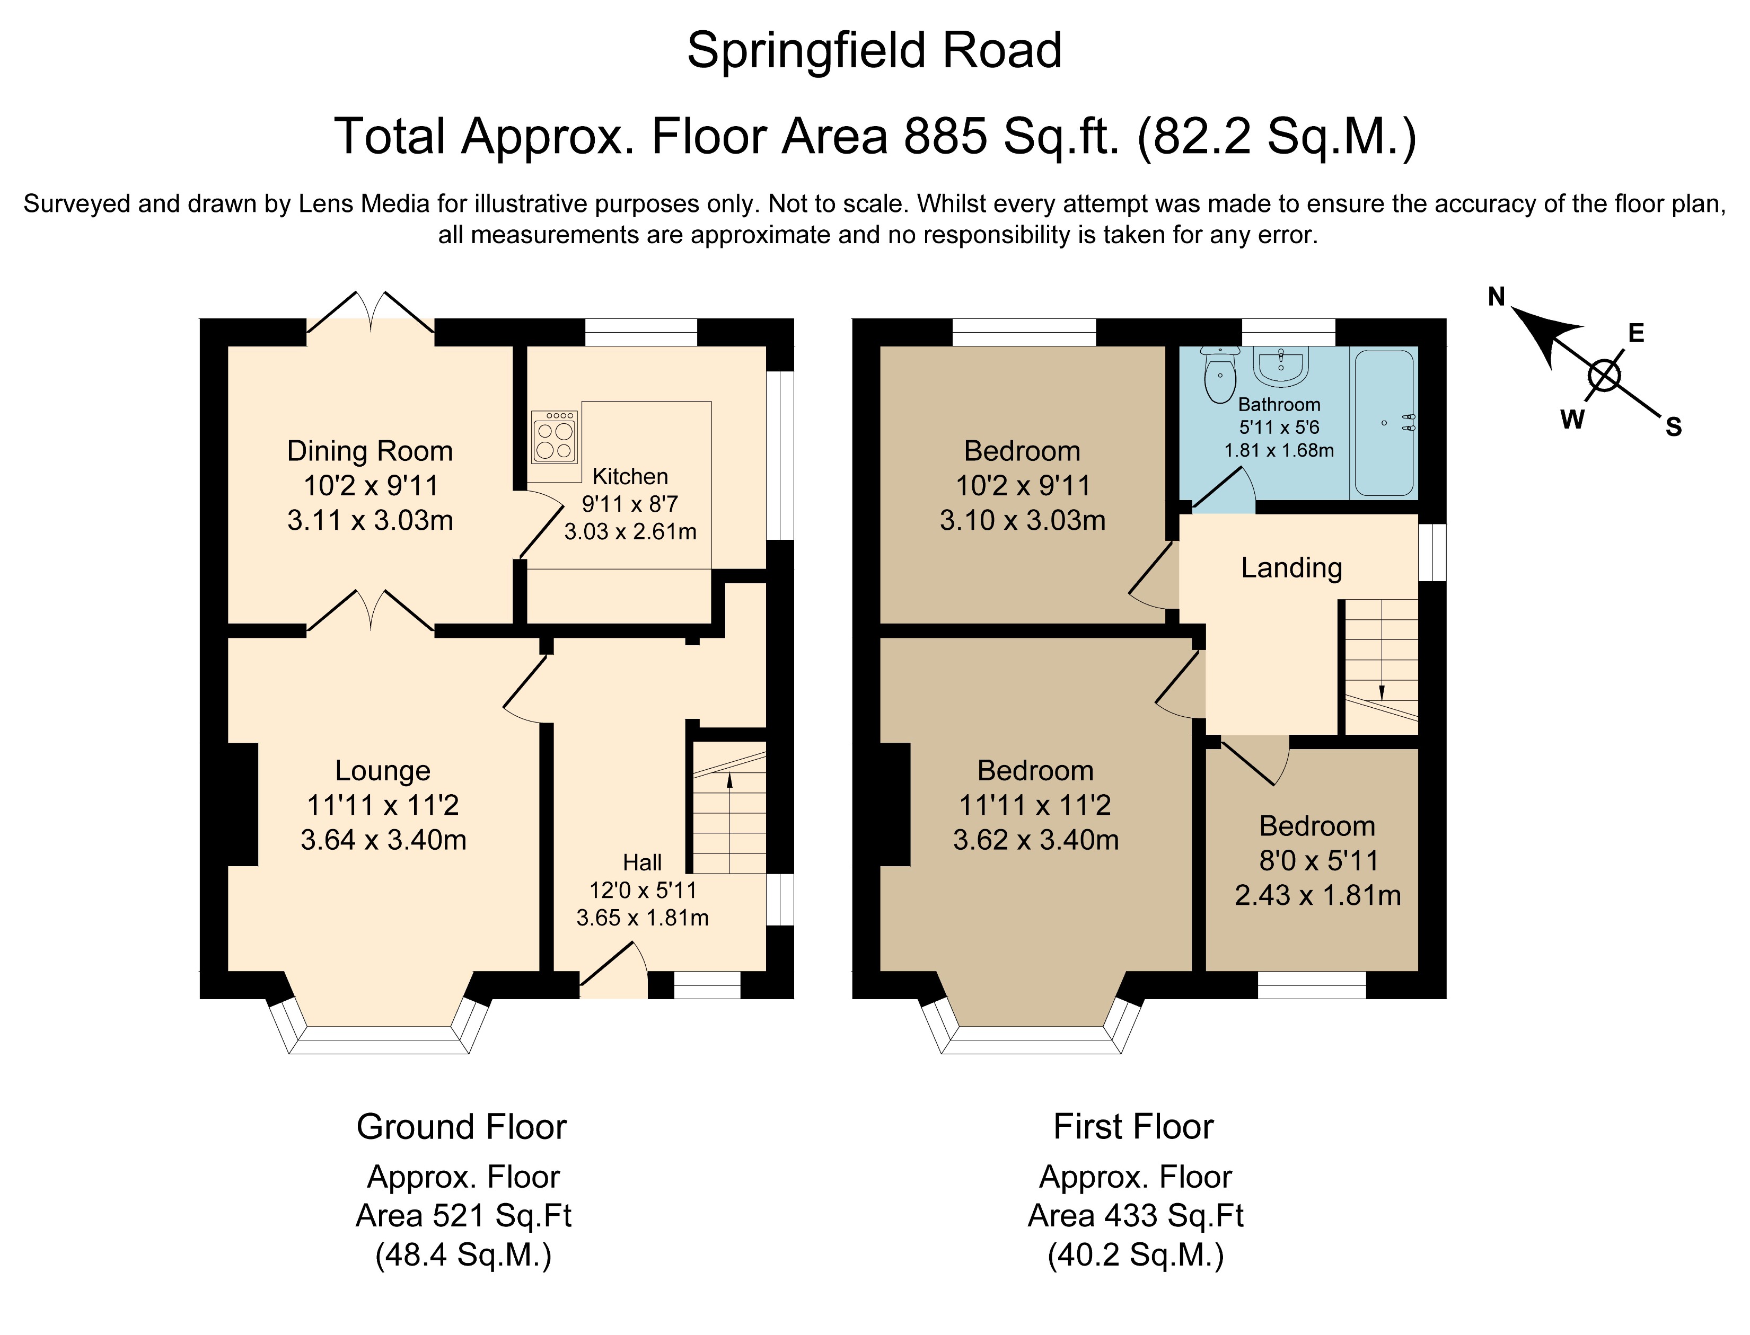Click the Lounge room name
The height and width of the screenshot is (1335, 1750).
point(382,770)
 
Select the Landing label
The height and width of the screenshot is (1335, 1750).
point(1291,567)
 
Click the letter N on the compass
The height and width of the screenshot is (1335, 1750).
point(1497,297)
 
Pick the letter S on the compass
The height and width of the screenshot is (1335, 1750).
point(1674,428)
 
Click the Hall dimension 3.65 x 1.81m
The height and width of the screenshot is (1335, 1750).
point(643,918)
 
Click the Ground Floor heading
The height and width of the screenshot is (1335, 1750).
point(461,1127)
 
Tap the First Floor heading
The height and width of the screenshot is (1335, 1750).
point(1133,1127)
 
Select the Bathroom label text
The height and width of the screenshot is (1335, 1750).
point(1279,405)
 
